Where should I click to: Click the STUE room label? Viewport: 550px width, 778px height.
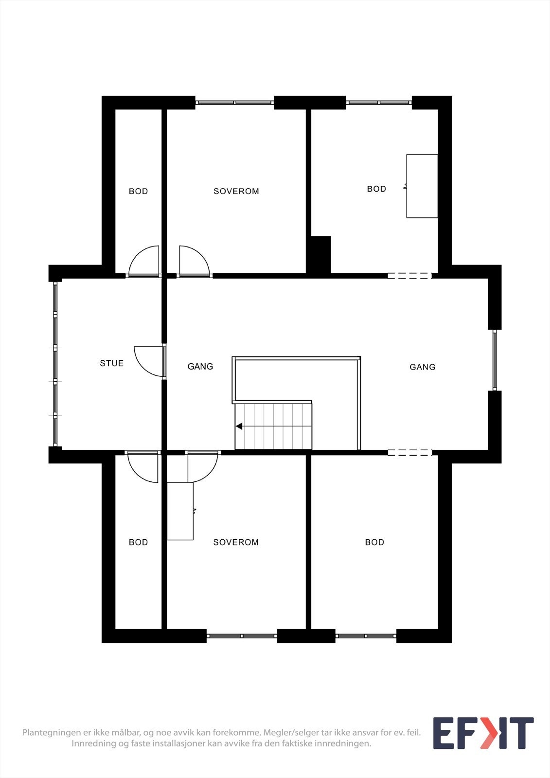coord(111,363)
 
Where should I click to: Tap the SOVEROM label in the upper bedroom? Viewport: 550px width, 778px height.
coord(236,191)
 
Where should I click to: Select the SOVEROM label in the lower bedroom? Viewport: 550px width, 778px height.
coord(236,542)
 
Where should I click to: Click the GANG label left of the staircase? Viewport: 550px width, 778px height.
coord(200,367)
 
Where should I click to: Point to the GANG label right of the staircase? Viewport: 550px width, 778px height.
coord(422,367)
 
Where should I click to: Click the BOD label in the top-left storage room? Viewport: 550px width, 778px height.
coord(138,191)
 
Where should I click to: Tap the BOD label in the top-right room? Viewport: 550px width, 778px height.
coord(376,189)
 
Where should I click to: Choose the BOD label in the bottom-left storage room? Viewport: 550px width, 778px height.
coord(138,542)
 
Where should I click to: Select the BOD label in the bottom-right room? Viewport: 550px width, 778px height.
coord(374,542)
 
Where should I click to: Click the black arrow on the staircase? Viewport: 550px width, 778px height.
coord(239,426)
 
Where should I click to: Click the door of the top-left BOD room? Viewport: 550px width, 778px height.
coord(144,262)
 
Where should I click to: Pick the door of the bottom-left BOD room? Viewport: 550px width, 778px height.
coord(143,467)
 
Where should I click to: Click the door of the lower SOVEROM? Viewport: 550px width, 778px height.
coord(202,467)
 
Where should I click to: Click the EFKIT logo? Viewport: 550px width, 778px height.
coord(483,733)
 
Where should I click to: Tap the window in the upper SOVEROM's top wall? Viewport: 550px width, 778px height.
coord(234,103)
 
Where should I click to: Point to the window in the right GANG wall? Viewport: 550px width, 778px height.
coord(495,360)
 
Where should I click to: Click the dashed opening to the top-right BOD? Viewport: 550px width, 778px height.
coord(409,276)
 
